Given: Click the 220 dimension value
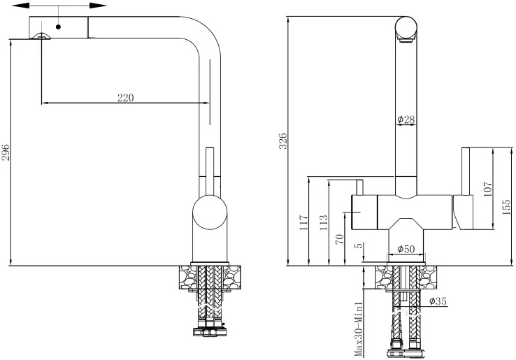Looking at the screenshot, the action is pyautogui.click(x=126, y=98).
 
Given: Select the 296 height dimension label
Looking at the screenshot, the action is pyautogui.click(x=5, y=152).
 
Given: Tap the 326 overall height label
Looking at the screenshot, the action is pyautogui.click(x=283, y=141).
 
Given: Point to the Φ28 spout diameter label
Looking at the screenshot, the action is pyautogui.click(x=406, y=119).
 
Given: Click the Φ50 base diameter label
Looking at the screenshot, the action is pyautogui.click(x=406, y=249).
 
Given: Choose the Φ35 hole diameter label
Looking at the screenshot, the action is pyautogui.click(x=438, y=301).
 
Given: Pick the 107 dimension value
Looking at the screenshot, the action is pyautogui.click(x=487, y=189).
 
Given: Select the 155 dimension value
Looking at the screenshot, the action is pyautogui.click(x=506, y=207).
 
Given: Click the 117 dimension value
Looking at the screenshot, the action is pyautogui.click(x=303, y=222).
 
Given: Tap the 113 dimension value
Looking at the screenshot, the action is pyautogui.click(x=324, y=222).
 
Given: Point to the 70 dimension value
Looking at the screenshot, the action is pyautogui.click(x=340, y=238).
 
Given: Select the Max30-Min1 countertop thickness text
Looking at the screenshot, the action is pyautogui.click(x=359, y=329).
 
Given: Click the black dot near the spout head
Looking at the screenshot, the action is pyautogui.click(x=59, y=27).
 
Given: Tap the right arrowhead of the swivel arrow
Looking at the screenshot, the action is pyautogui.click(x=98, y=6).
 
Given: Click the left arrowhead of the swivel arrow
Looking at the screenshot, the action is pyautogui.click(x=20, y=6).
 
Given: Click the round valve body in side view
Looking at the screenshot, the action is pyautogui.click(x=210, y=213).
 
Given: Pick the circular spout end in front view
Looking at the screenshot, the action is pyautogui.click(x=406, y=27).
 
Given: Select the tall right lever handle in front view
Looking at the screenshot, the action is pyautogui.click(x=466, y=171).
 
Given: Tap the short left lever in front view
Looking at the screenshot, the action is pyautogui.click(x=359, y=187).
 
